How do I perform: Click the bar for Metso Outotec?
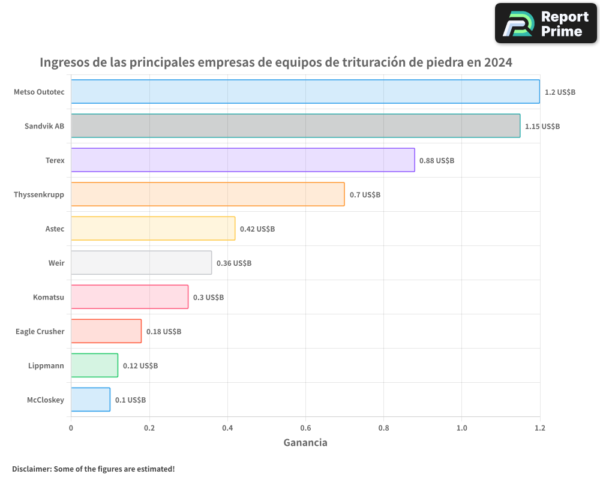coord(305,92)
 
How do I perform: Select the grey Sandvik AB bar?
coord(295,126)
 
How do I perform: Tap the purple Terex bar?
coord(242,160)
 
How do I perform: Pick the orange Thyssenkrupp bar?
coord(208,194)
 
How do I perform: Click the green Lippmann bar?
coord(94,365)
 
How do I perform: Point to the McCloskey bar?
coord(91,400)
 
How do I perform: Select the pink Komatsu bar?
coord(130,297)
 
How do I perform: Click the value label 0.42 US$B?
coord(257,229)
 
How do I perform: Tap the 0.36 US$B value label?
coord(234,263)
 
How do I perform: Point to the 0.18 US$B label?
coord(164,332)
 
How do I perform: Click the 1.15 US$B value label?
coord(542,127)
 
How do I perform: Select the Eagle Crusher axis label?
coord(40,331)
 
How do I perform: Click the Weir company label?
coord(56,263)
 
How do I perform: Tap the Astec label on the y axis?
coord(55,229)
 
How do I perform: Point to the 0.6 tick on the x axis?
coord(305,428)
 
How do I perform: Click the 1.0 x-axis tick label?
coord(461,428)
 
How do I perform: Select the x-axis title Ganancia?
coord(305,443)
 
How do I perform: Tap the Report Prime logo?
coord(546,23)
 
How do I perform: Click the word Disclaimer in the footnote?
coord(31,469)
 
